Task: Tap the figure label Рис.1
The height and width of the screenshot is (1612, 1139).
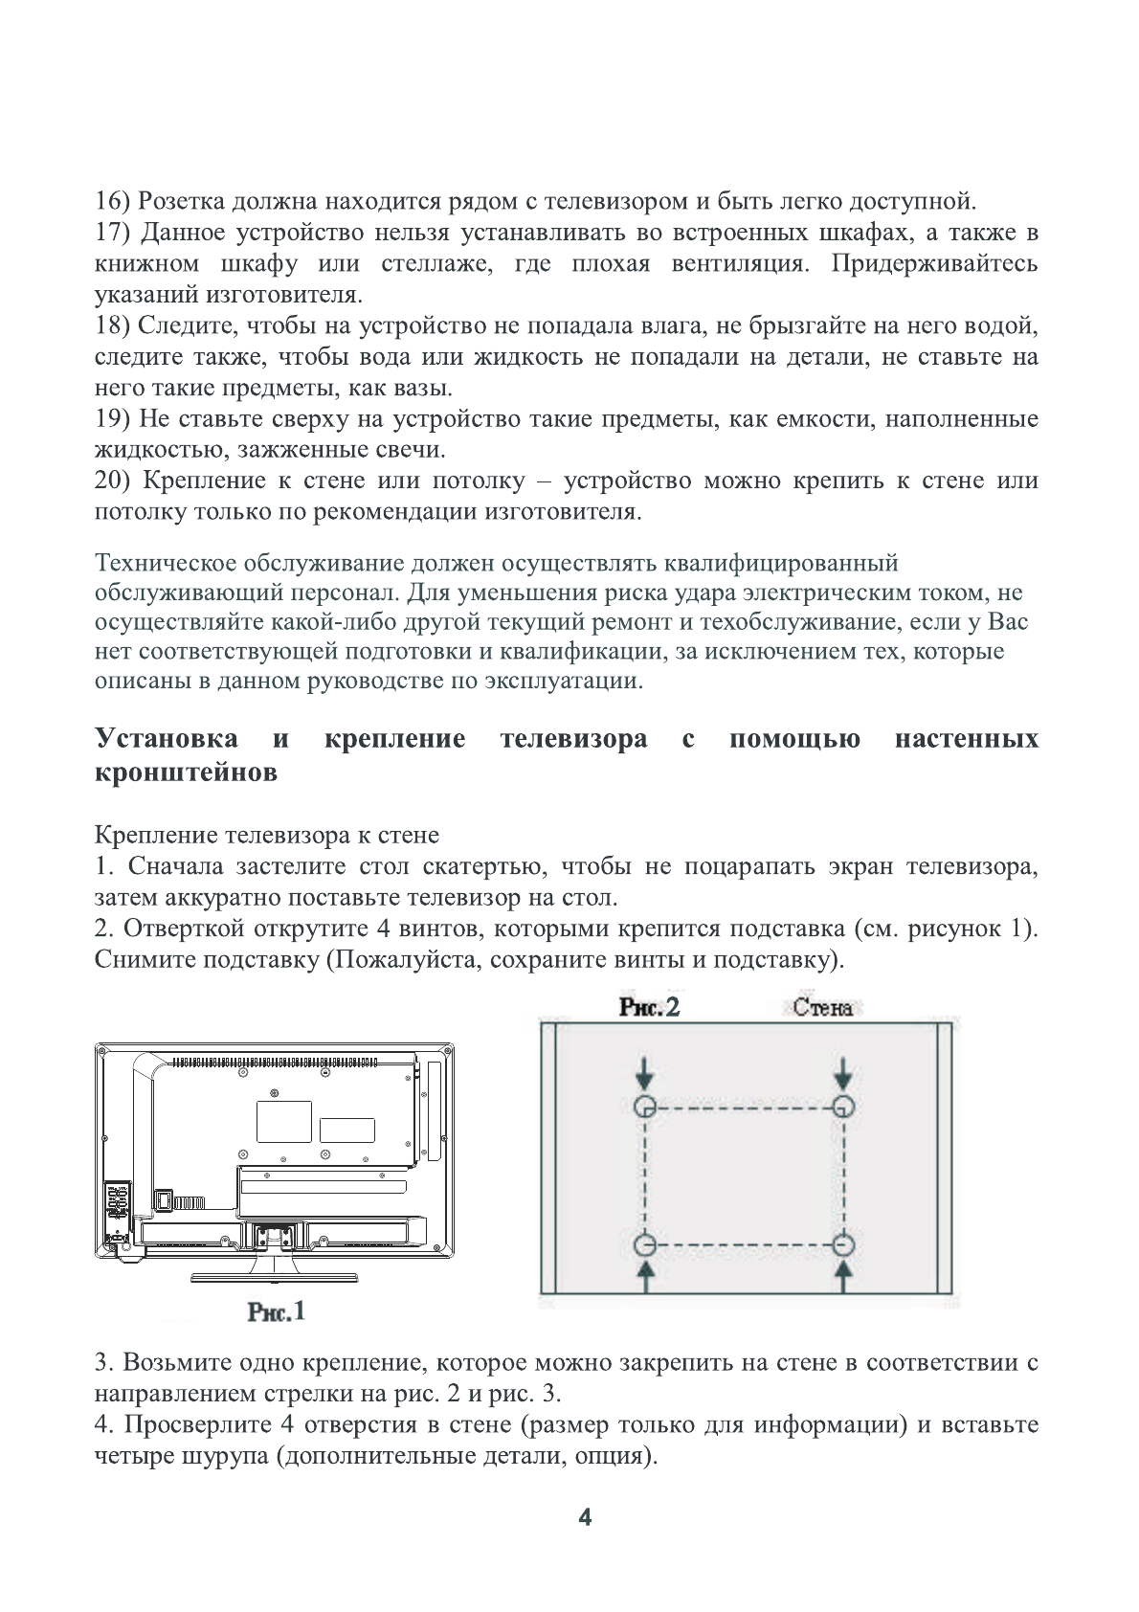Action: [x=276, y=1310]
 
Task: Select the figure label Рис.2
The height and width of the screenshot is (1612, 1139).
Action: [x=649, y=1007]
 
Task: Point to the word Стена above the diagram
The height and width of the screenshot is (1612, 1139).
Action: [x=822, y=1008]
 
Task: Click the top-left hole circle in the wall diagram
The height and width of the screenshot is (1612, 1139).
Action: [x=645, y=1107]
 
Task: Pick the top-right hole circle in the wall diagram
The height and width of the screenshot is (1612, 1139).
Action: [x=842, y=1107]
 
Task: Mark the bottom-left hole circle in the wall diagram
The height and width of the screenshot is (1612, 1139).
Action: [x=645, y=1245]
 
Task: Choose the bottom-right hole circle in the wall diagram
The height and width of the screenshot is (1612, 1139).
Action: [x=842, y=1245]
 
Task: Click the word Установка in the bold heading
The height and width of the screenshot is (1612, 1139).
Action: [x=167, y=739]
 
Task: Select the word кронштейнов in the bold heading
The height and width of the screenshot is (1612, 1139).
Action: [x=186, y=772]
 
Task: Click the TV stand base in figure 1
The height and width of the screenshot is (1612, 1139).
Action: [x=275, y=1277]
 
